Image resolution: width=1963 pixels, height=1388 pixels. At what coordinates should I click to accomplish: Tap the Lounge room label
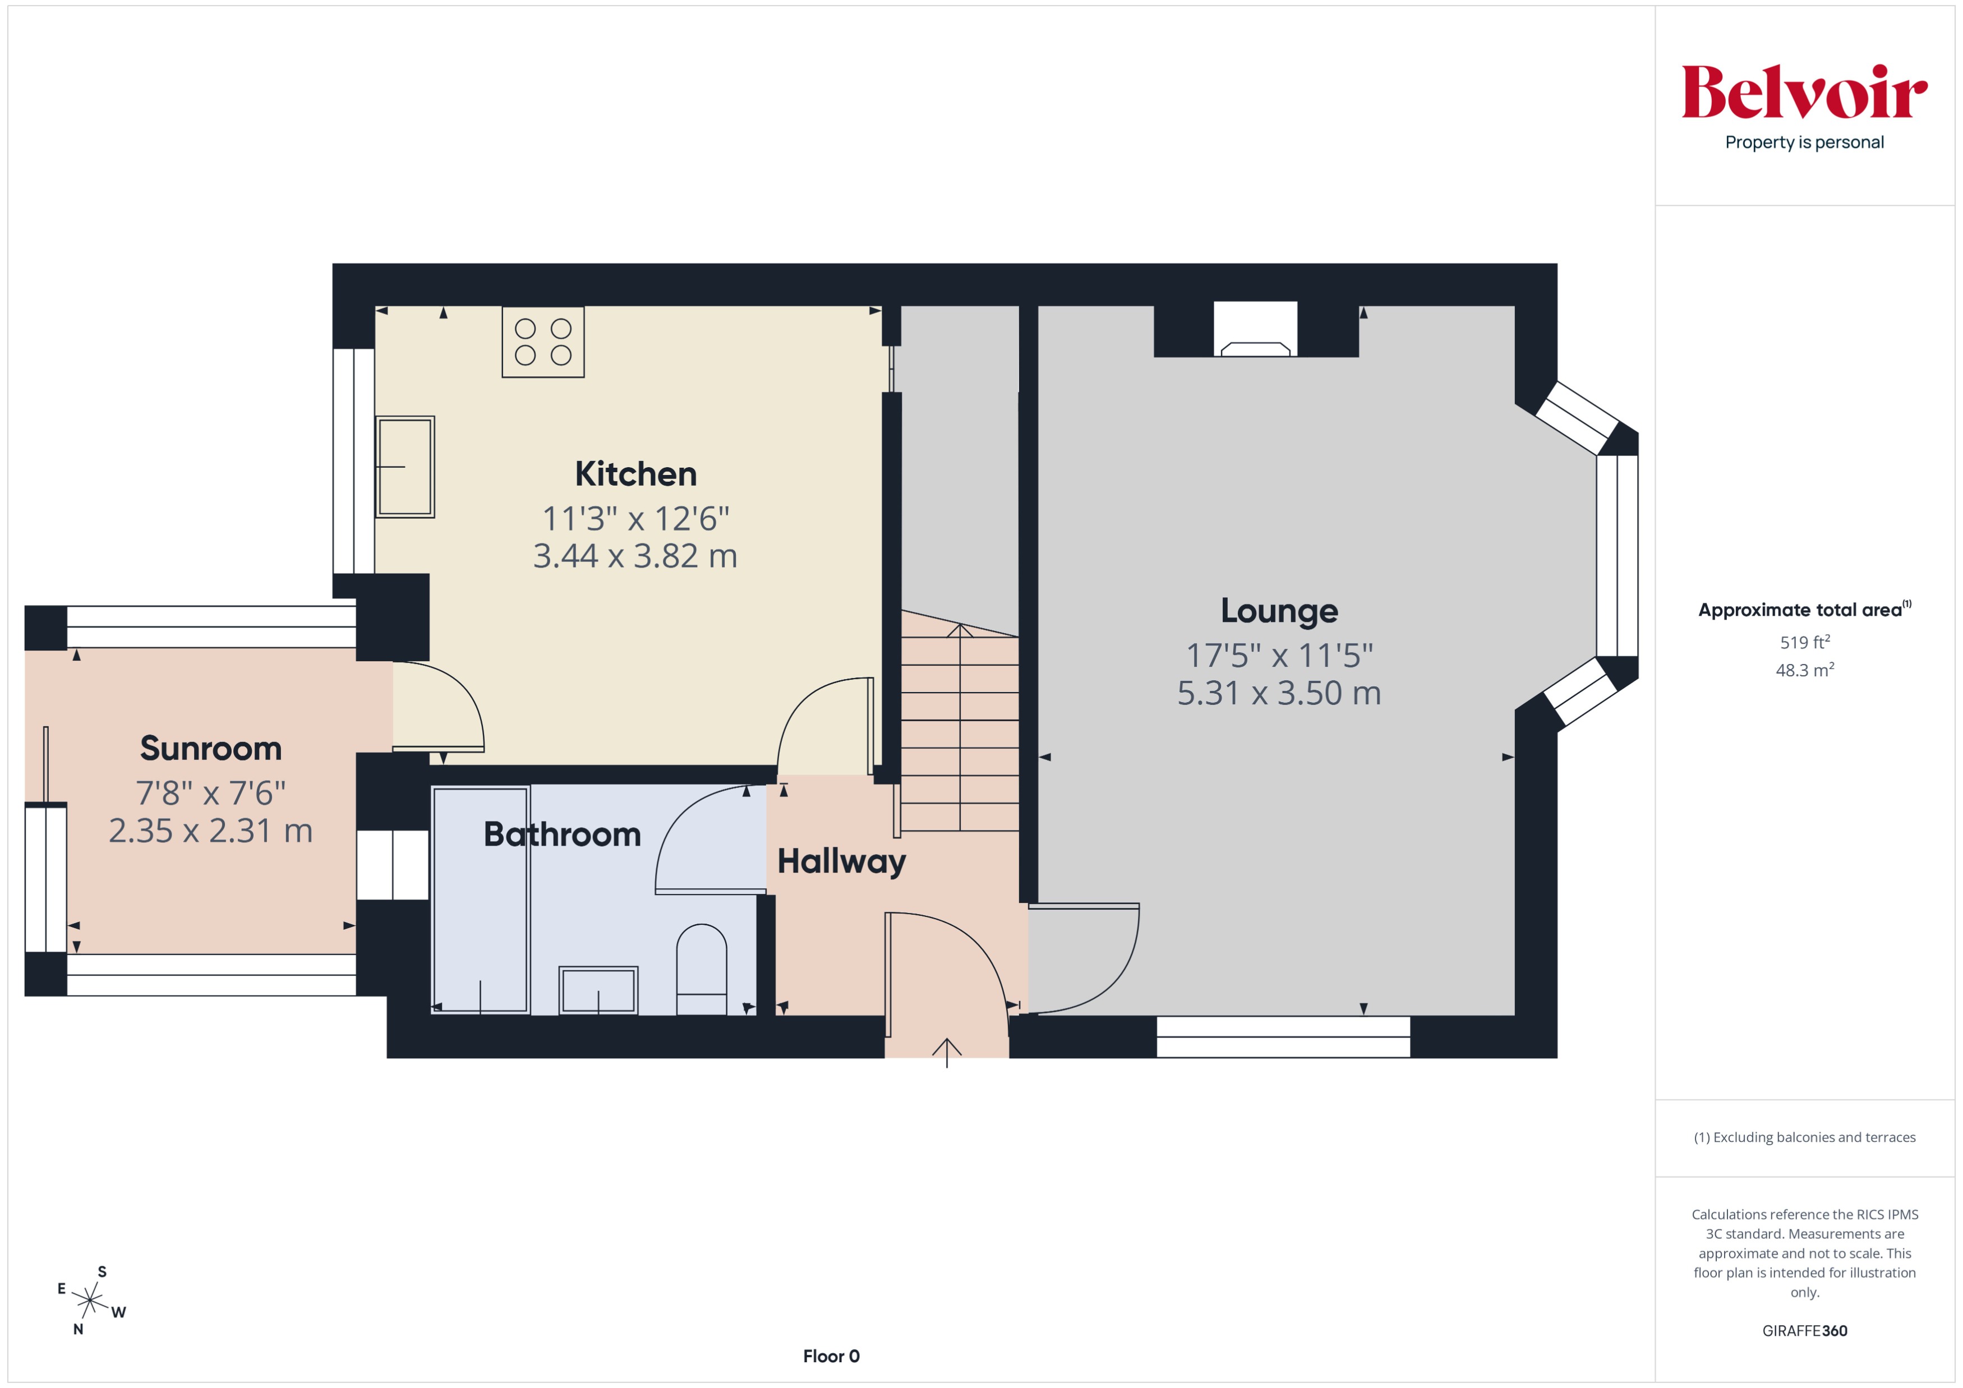(x=1279, y=611)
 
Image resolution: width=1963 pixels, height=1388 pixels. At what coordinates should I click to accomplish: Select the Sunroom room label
(x=210, y=749)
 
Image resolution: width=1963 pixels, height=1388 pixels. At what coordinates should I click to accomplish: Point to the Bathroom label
(x=562, y=834)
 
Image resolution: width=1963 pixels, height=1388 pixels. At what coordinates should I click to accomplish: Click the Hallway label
(x=841, y=861)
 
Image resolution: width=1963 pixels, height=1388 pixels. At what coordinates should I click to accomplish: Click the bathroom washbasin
(x=598, y=990)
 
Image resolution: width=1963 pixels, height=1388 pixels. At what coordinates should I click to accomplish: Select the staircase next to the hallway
(x=959, y=726)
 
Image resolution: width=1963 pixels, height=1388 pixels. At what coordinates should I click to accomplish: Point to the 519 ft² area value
(x=1804, y=642)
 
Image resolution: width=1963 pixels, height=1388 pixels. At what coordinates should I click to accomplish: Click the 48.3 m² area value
(x=1804, y=670)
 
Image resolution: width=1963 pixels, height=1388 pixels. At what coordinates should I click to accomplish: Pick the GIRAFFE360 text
(x=1804, y=1331)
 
